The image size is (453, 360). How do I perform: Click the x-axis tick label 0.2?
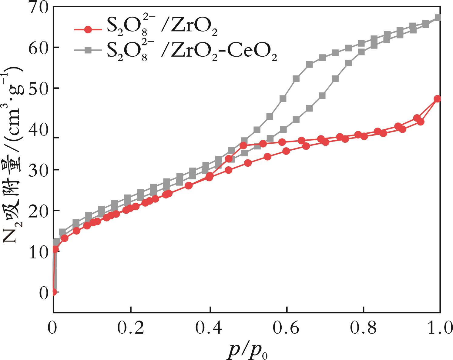point(131,329)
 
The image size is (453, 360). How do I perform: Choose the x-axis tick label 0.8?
point(363,329)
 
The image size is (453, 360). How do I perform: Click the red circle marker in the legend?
point(88,29)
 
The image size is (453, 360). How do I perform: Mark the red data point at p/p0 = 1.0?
point(437,99)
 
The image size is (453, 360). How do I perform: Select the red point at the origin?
point(54,292)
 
